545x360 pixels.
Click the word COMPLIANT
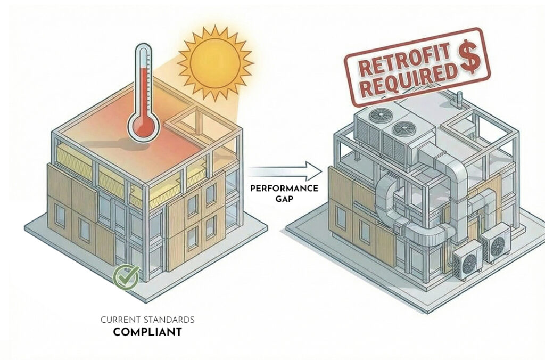(x=147, y=332)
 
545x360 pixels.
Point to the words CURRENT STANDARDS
(x=147, y=320)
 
